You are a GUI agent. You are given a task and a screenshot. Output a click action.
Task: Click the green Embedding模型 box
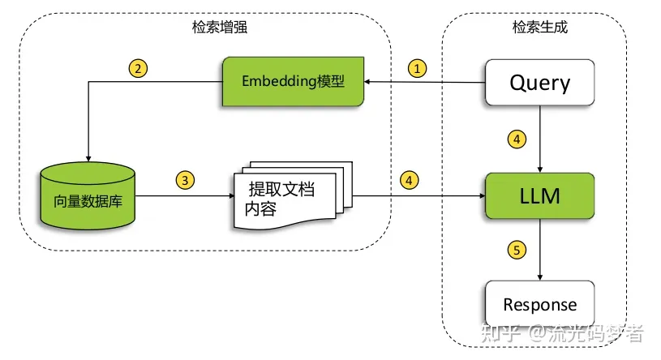[293, 82]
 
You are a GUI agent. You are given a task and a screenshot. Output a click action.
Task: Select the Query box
[539, 82]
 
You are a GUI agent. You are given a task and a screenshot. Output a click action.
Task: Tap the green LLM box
[539, 195]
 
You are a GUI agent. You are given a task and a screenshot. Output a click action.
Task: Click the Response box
[539, 306]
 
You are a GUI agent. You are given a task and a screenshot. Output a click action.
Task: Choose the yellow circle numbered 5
[516, 249]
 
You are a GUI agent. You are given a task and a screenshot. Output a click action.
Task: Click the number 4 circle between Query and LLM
[516, 139]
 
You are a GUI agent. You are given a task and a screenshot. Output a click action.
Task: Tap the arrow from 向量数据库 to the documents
[182, 195]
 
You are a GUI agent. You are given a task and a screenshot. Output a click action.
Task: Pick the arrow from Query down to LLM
[540, 139]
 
